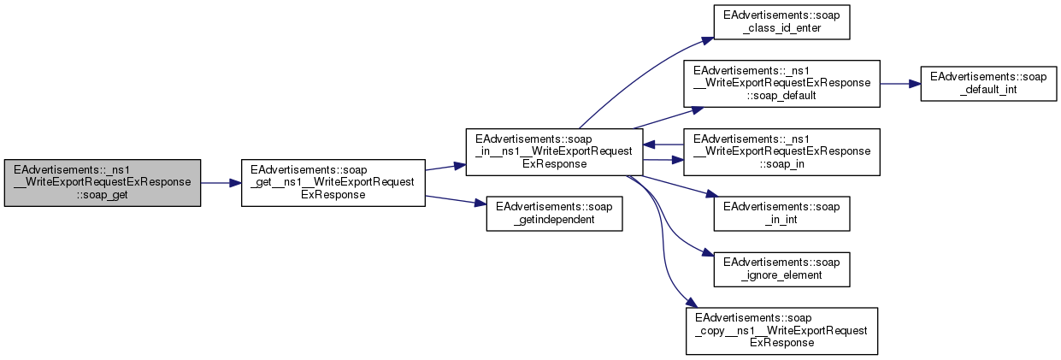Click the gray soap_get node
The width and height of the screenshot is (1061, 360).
pos(102,182)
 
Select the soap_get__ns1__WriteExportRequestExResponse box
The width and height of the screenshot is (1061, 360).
pos(333,182)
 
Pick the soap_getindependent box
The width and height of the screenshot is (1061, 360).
pos(554,214)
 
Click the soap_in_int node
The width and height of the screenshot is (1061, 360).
pos(781,214)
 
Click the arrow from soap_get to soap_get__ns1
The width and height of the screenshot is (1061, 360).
pos(221,182)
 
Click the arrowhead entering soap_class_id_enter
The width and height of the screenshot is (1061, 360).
pos(709,38)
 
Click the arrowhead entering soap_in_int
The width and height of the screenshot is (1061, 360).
pos(710,198)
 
